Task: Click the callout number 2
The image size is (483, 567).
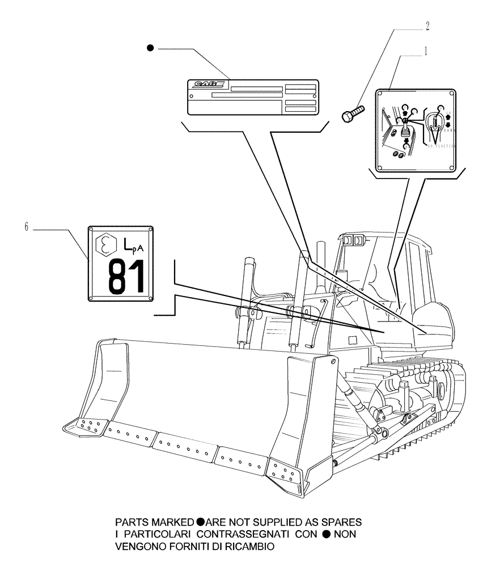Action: (x=427, y=26)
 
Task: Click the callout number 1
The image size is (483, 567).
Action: (x=425, y=50)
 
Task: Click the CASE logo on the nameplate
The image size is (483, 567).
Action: (x=208, y=85)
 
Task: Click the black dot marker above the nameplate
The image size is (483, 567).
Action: (x=150, y=49)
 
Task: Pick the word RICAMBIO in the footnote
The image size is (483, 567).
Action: (x=252, y=547)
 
